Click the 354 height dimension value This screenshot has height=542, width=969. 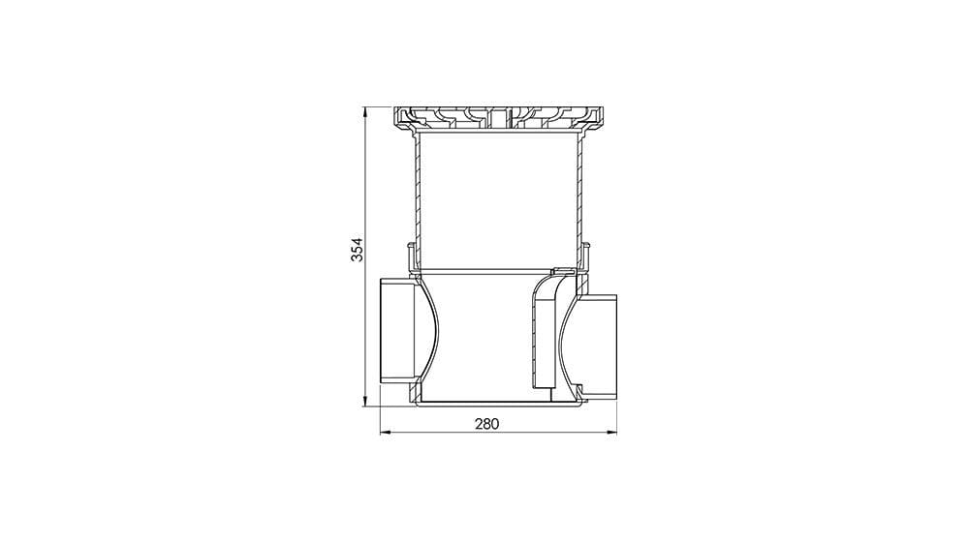(x=358, y=250)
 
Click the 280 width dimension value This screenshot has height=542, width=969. (x=486, y=424)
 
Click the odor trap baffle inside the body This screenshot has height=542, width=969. (x=544, y=330)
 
